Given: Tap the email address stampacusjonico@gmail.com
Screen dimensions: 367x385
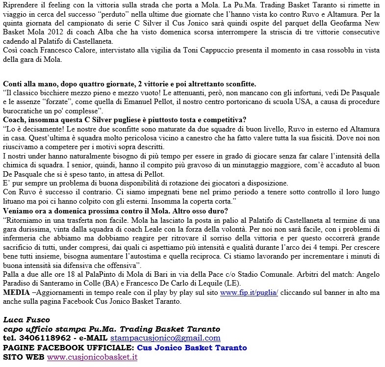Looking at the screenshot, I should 165,338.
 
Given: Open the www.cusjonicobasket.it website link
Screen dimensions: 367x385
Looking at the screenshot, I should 92,357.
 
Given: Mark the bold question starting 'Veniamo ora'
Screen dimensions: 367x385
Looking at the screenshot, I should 115,211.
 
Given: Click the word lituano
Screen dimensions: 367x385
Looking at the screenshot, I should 15,202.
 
